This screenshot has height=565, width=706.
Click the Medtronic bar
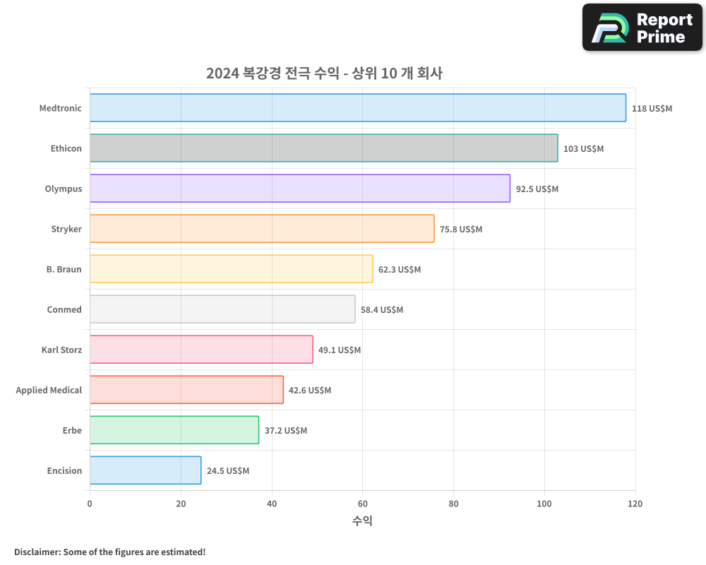[357, 108]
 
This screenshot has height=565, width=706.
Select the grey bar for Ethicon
[323, 148]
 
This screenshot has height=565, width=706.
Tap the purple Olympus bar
[299, 189]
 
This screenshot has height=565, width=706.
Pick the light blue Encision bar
[145, 470]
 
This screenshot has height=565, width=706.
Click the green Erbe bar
[174, 430]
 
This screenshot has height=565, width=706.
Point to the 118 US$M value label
[652, 109]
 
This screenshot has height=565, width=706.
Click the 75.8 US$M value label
[461, 230]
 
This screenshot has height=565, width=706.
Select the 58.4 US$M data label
[382, 310]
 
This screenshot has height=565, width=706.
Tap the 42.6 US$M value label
[310, 391]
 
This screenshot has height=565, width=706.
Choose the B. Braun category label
[64, 269]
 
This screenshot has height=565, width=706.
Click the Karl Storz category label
[61, 350]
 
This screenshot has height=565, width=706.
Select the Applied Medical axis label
[49, 390]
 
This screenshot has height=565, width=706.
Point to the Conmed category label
[64, 309]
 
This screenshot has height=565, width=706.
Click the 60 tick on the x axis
[362, 504]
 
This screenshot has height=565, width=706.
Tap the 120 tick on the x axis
[635, 504]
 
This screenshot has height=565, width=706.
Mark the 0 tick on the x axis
[90, 504]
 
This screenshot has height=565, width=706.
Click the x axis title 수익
[362, 521]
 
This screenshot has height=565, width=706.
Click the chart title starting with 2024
[324, 73]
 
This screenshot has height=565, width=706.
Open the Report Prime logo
[642, 28]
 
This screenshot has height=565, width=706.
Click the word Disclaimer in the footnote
[37, 552]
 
